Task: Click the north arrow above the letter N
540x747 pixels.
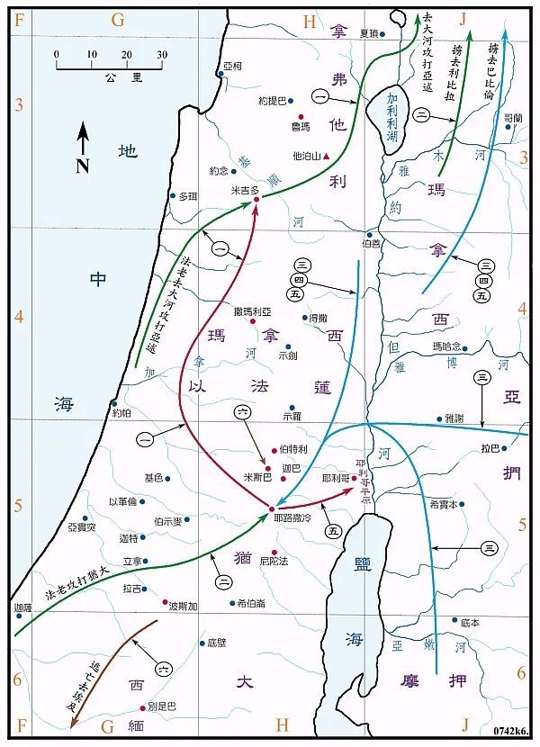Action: point(83,138)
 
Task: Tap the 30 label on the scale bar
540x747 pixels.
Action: point(161,55)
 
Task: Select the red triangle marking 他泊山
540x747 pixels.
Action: point(327,156)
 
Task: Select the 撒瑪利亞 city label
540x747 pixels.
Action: point(251,310)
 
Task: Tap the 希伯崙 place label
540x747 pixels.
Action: point(251,603)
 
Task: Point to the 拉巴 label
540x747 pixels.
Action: point(515,447)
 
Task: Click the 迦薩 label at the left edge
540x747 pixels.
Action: point(23,608)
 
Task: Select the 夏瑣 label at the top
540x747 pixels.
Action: point(367,33)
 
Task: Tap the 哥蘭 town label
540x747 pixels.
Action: point(513,118)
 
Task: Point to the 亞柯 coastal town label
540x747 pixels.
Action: point(234,67)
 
